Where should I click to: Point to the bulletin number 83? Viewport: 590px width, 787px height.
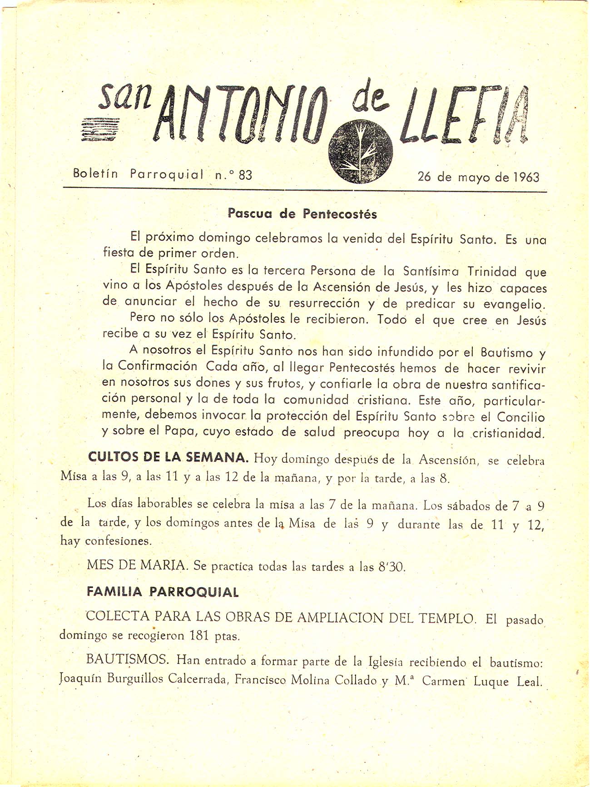(245, 175)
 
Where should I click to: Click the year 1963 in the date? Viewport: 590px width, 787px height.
(526, 177)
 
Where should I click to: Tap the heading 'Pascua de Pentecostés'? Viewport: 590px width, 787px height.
(302, 213)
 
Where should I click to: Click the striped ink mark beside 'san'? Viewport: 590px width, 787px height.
(99, 129)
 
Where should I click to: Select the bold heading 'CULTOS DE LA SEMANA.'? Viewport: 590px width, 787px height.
(168, 457)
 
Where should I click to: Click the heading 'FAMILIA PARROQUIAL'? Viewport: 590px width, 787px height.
(163, 592)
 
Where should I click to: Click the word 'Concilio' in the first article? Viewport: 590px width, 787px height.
(521, 417)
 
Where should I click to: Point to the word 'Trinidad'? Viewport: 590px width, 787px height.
(492, 272)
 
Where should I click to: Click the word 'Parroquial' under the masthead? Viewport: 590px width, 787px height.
(167, 174)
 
